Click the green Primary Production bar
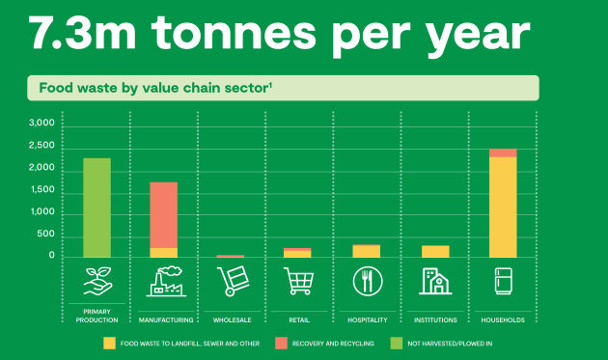(x=97, y=207)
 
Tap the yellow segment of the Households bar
(x=503, y=207)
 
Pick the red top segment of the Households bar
(x=503, y=152)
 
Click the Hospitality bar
(x=366, y=251)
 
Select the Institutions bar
(x=434, y=251)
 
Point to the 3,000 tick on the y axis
(x=41, y=125)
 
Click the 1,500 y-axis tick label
(x=41, y=190)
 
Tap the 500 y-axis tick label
(x=46, y=235)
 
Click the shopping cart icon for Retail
(x=298, y=281)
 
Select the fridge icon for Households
(x=503, y=281)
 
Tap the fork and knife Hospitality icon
(x=367, y=281)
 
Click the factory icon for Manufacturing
(x=163, y=281)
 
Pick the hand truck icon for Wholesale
(x=231, y=281)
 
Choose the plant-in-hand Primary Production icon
(x=97, y=281)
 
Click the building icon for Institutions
(x=434, y=281)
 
